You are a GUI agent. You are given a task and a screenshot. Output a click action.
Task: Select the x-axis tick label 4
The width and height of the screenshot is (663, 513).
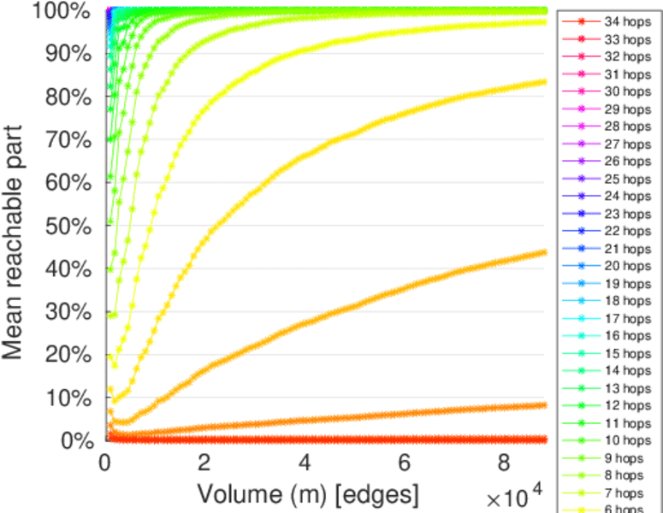pos(304,462)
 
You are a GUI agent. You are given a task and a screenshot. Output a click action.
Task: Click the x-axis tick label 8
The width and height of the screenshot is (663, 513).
pos(505,462)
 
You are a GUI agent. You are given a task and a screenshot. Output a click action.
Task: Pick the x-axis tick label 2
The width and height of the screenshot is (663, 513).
pos(204,462)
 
